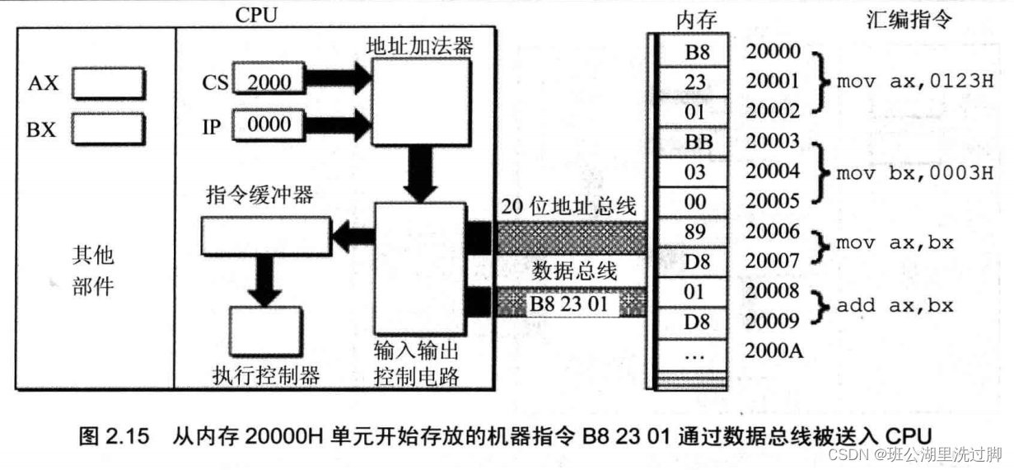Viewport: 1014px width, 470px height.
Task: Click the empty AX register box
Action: pyautogui.click(x=108, y=83)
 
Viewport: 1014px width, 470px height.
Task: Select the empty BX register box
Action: pyautogui.click(x=108, y=129)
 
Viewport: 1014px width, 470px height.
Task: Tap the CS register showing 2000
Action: pyautogui.click(x=269, y=80)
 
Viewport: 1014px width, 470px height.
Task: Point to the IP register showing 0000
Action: pyautogui.click(x=269, y=125)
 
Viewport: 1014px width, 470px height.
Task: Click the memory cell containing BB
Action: pyautogui.click(x=694, y=142)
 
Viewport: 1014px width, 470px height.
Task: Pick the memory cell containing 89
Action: pyautogui.click(x=694, y=232)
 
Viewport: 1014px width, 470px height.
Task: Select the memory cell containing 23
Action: pyautogui.click(x=694, y=82)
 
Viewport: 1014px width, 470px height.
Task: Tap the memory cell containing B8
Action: pyautogui.click(x=694, y=52)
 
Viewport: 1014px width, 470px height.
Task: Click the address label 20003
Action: pyautogui.click(x=773, y=142)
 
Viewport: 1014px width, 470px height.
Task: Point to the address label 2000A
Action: pyautogui.click(x=773, y=350)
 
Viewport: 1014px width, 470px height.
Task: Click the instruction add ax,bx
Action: pyautogui.click(x=895, y=305)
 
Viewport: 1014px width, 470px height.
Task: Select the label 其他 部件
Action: pyautogui.click(x=91, y=270)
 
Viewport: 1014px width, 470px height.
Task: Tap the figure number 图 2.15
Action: pyautogui.click(x=114, y=436)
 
